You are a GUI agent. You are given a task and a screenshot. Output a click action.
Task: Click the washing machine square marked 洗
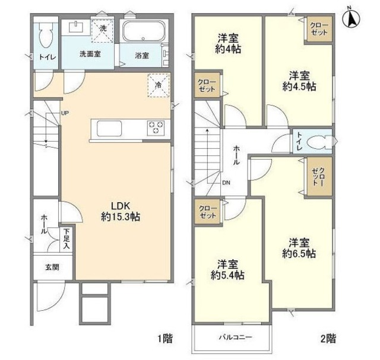[102, 28]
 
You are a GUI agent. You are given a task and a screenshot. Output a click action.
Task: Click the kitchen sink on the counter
[106, 128]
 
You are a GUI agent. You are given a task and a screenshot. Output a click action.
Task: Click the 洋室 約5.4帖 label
[228, 270]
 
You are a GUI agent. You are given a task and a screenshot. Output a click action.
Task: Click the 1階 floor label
[166, 339]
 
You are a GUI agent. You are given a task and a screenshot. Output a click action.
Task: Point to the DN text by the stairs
[227, 183]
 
